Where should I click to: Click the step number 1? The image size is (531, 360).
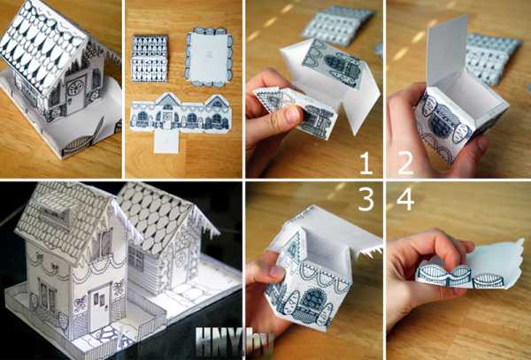coord(366,163)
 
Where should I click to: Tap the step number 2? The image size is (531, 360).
coord(405,163)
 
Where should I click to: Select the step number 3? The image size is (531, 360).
coord(366,200)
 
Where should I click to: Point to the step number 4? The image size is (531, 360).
coord(405,199)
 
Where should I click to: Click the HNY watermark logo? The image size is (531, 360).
coord(235,339)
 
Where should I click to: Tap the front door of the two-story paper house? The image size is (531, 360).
coord(99,307)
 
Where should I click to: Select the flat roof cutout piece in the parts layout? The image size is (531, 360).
coord(150,58)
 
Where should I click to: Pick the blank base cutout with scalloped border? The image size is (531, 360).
coord(209,57)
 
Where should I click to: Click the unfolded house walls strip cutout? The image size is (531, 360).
coord(181,113)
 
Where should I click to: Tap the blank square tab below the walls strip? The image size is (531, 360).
coord(166,142)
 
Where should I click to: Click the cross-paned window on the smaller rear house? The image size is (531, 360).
coord(135,257)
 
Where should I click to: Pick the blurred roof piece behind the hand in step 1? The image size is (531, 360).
coord(339,26)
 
